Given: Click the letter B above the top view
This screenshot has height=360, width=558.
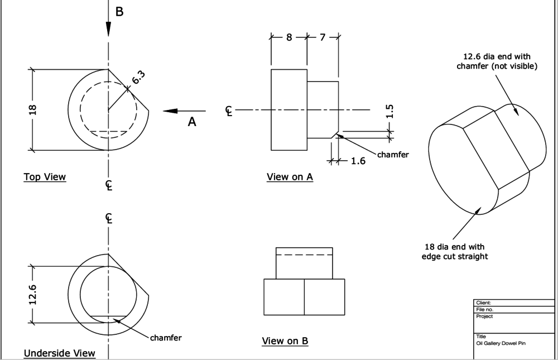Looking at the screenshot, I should tap(119, 11).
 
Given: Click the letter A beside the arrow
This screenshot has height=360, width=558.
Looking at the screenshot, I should tap(192, 122).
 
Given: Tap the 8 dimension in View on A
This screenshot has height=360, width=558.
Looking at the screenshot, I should tap(289, 37).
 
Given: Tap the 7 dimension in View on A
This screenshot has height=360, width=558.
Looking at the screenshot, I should tap(323, 37).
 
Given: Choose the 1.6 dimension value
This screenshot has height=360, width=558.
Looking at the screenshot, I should tap(358, 161).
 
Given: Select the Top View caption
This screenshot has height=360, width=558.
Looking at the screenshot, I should tap(45, 177).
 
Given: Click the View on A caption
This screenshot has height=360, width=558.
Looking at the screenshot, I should tap(290, 177).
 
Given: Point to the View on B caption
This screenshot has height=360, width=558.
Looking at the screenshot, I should tap(285, 341).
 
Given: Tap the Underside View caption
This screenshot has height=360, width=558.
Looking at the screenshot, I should tap(59, 353).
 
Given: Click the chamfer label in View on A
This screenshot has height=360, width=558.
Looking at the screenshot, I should tap(393, 155).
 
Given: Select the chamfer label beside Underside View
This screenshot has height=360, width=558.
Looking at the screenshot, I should tap(166, 338).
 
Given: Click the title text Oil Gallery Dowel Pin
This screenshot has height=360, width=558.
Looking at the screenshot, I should tap(500, 343).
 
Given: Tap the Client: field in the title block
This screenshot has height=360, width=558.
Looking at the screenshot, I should tap(483, 303).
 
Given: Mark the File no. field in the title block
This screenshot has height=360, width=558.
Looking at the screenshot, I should tap(484, 309).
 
